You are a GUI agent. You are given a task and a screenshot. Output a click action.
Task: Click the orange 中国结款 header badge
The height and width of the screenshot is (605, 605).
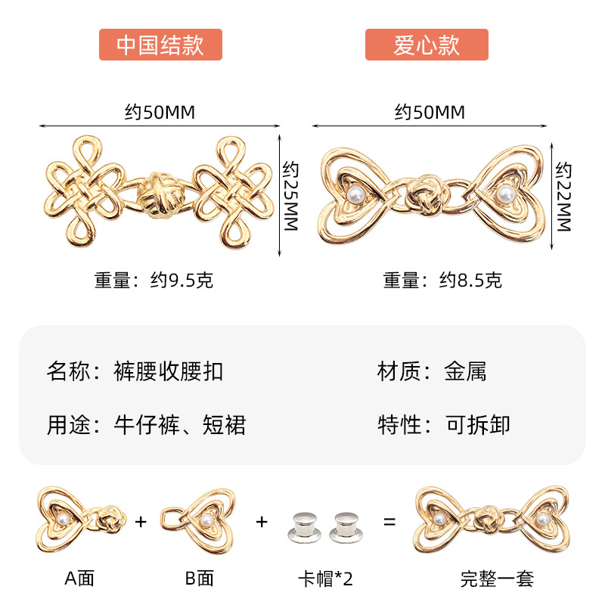click(x=160, y=45)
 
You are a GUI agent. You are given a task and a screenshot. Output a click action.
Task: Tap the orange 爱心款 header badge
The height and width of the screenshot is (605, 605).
click(x=427, y=45)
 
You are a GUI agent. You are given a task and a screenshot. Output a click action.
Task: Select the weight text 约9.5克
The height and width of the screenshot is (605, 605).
click(x=181, y=281)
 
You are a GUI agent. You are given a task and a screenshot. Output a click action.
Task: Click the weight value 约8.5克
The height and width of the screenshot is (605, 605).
click(x=470, y=281)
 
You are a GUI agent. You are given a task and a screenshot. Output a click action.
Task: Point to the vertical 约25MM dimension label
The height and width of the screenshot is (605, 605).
click(x=291, y=196)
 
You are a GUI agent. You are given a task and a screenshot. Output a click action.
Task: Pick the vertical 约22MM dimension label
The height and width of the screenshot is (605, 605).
click(x=563, y=196)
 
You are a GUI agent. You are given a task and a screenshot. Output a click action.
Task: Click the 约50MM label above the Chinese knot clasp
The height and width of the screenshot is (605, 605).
click(x=160, y=113)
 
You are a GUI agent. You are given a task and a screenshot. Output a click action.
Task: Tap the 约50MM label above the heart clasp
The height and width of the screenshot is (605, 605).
click(x=430, y=113)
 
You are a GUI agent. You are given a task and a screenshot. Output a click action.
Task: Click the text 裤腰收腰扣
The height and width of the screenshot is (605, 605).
click(x=168, y=371)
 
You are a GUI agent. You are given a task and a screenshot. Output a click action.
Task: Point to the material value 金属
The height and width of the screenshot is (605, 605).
click(x=465, y=371)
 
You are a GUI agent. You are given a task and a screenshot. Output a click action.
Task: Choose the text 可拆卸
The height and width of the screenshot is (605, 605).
click(x=477, y=424)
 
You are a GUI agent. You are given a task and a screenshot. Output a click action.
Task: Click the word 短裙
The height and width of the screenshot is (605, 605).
click(x=225, y=425)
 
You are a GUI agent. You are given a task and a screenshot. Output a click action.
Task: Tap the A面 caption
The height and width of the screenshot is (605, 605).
click(x=79, y=579)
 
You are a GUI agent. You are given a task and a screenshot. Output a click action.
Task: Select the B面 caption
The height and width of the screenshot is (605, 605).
click(x=199, y=579)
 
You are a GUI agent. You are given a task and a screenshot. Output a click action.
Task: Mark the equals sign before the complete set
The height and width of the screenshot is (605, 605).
click(x=389, y=522)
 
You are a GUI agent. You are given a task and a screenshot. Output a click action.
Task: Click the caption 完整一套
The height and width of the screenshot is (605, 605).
click(x=497, y=579)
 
